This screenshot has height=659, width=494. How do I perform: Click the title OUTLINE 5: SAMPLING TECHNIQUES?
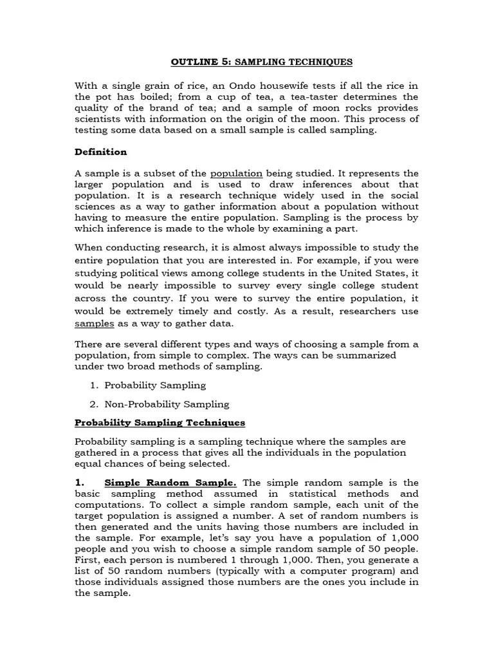tap(261, 62)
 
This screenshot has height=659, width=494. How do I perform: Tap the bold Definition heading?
tap(101, 152)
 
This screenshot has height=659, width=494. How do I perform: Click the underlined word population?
tap(236, 173)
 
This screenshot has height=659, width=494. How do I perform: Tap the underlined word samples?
tap(95, 324)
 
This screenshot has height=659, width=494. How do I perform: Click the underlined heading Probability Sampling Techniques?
tap(160, 423)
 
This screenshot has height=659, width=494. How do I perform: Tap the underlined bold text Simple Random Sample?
tap(170, 483)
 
